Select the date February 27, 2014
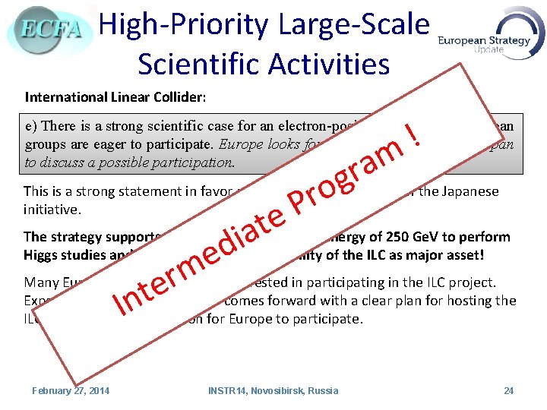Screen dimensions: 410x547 [x=70, y=391]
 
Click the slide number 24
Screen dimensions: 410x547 [x=508, y=391]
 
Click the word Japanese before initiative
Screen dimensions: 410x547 [x=470, y=191]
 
